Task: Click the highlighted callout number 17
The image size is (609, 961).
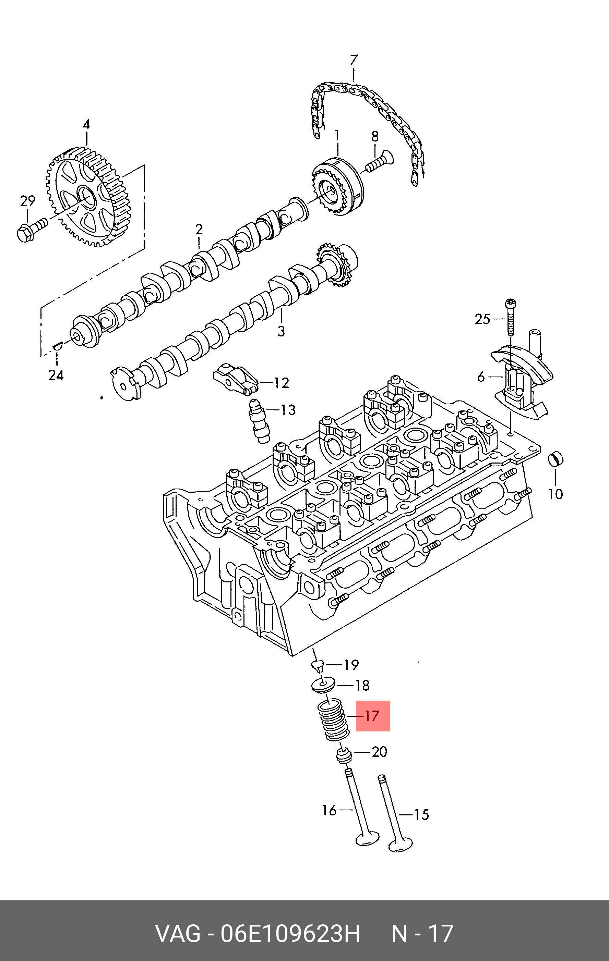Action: (372, 716)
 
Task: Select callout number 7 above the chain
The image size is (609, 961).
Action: (354, 60)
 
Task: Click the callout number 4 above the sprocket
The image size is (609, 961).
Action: (86, 124)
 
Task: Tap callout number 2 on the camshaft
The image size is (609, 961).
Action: (199, 229)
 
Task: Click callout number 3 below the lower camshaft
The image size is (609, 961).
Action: (281, 331)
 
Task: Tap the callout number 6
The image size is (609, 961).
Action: (481, 376)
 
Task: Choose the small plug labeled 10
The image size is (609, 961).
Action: (555, 459)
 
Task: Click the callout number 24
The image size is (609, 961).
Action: (56, 375)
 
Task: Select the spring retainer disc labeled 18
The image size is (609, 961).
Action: (323, 685)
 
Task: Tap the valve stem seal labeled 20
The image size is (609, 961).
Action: (344, 755)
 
